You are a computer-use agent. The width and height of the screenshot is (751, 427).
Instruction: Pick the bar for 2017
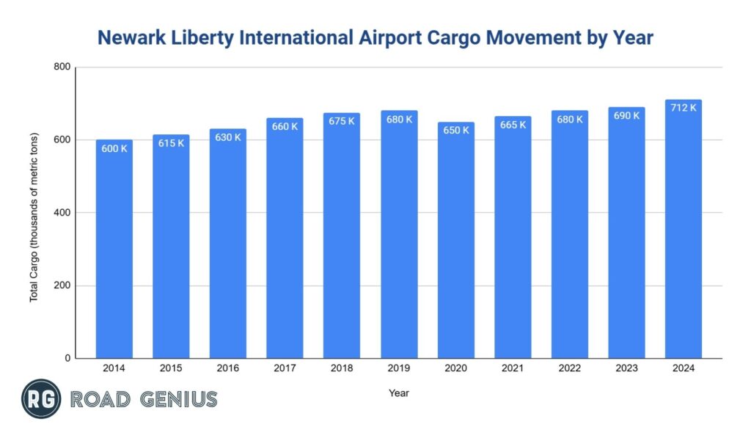(x=285, y=238)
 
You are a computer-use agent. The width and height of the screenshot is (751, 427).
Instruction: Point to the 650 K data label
(x=456, y=130)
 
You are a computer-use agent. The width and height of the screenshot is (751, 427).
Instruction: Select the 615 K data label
(x=171, y=143)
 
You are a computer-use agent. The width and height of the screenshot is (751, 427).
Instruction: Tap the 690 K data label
(x=626, y=116)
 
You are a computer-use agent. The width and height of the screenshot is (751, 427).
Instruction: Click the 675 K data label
(x=342, y=121)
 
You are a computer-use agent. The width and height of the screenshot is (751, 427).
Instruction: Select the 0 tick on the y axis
(x=67, y=359)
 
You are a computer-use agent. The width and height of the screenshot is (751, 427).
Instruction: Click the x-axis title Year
(x=399, y=393)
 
